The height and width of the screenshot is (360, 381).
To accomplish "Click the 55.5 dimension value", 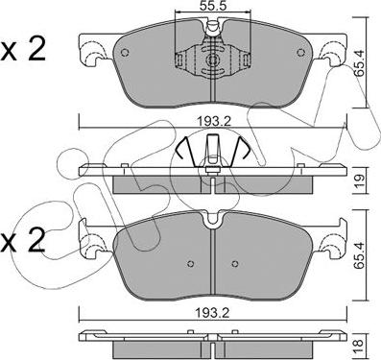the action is (x=212, y=6).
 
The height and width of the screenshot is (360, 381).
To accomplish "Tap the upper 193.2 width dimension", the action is (x=212, y=122).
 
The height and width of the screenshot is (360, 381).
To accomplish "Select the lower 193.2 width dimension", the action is (x=212, y=313).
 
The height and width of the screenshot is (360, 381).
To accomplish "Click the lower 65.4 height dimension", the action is (x=359, y=256).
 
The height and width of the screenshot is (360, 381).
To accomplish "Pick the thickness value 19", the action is (x=359, y=182).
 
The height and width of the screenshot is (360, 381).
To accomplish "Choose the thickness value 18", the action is (x=359, y=348).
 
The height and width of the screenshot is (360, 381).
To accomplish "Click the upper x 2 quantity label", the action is (x=23, y=50).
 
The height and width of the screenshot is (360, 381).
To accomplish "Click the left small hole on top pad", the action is (x=125, y=53).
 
